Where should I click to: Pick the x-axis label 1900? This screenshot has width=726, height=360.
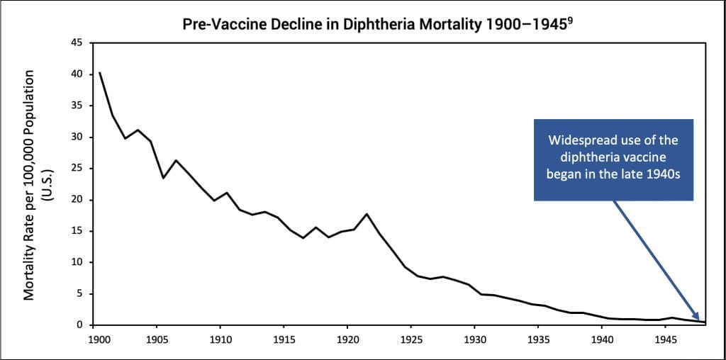(99, 339)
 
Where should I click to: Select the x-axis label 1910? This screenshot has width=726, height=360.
(220, 339)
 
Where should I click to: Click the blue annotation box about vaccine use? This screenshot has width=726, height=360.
(613, 159)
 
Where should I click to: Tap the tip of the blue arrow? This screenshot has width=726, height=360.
(703, 321)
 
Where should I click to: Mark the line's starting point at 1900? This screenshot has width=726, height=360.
(100, 73)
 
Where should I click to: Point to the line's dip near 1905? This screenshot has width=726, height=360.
(164, 177)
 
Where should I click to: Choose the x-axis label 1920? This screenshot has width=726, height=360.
(347, 339)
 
